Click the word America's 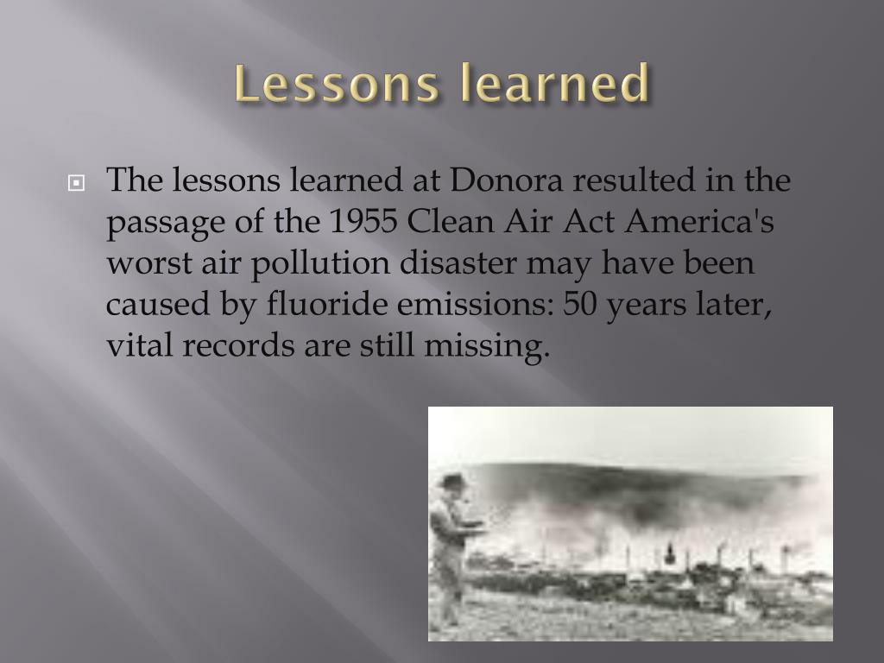coord(700,222)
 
